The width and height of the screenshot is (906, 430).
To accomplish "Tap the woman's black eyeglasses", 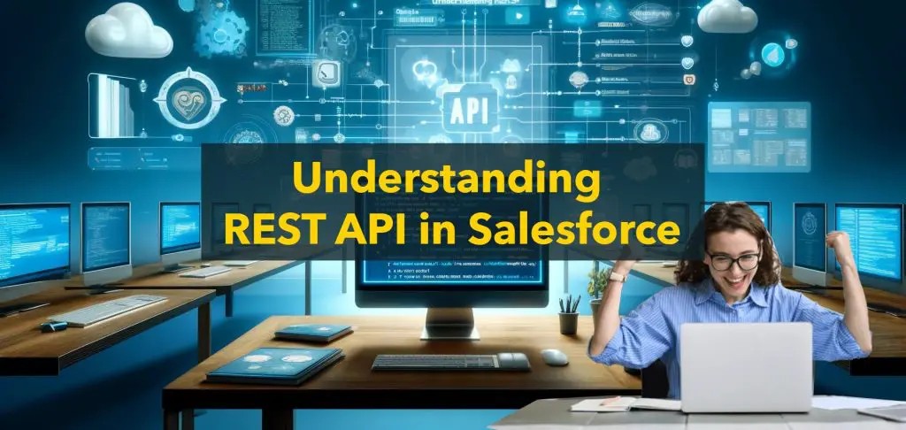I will point(733,261).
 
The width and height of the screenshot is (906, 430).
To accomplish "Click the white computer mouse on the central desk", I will point(554,357).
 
